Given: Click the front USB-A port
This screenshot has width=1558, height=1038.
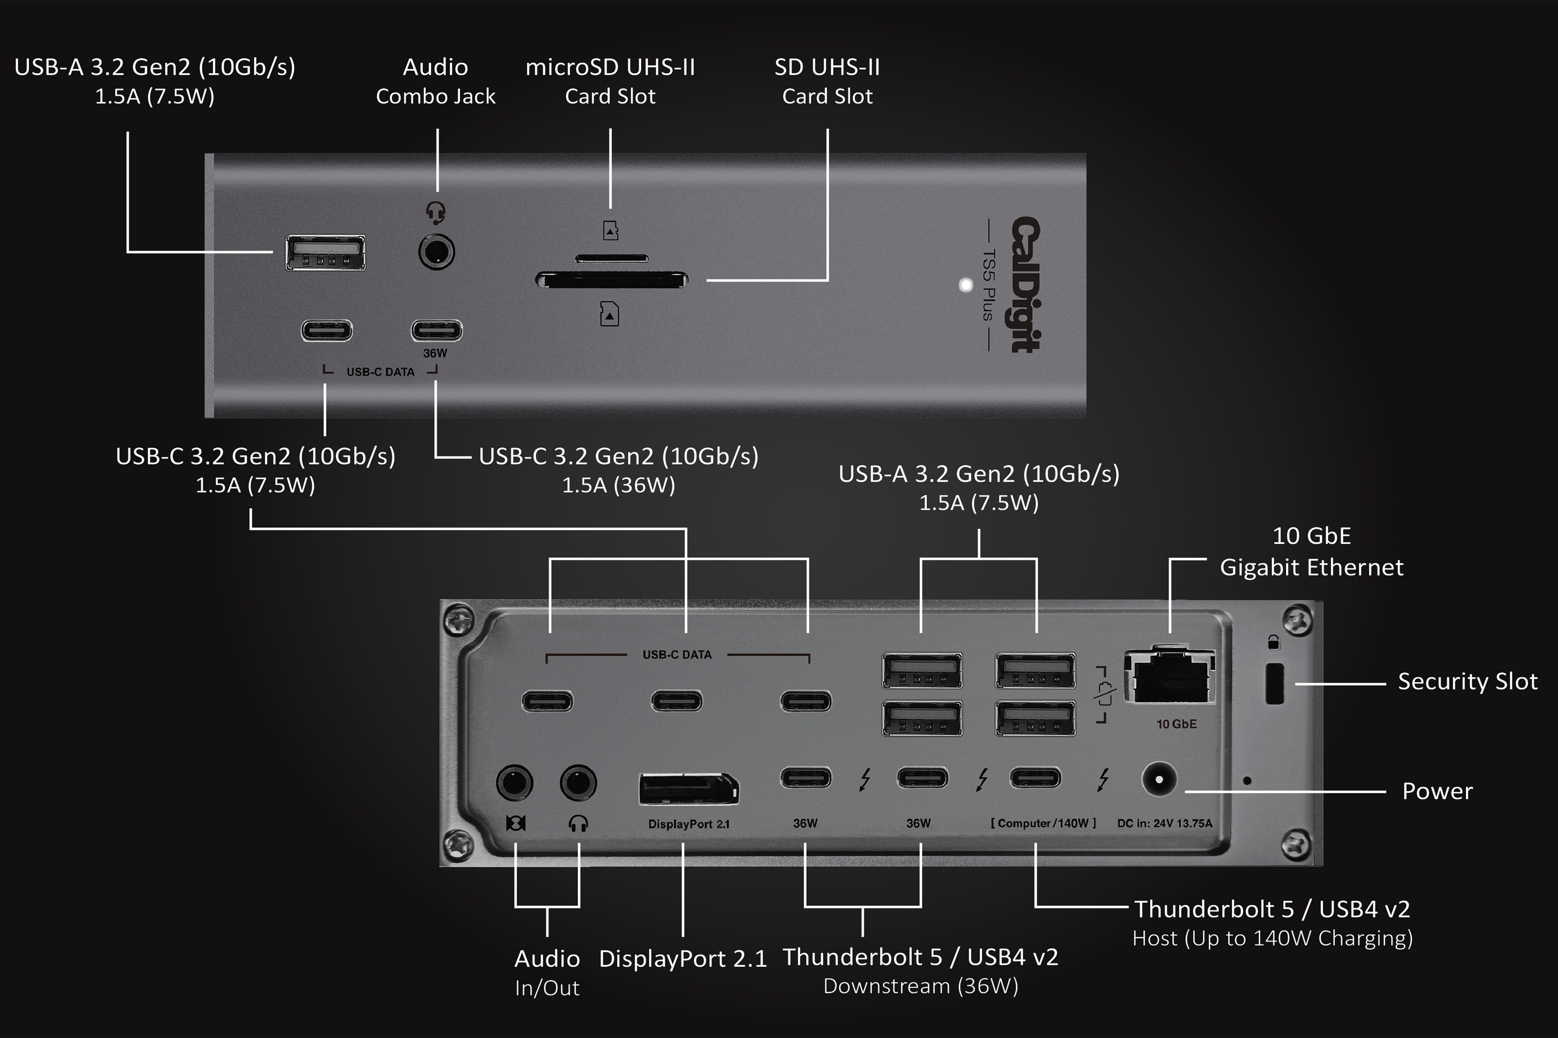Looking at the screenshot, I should point(325,252).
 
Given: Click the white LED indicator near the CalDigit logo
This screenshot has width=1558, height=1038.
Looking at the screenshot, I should point(966,285).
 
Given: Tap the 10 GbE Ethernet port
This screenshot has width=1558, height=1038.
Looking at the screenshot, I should point(1170,677).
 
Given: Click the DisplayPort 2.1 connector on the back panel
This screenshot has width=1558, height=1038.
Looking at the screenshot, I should point(688,789).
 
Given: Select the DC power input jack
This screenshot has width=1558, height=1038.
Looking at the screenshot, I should point(1159,779).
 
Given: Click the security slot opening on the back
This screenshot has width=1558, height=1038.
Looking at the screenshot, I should point(1274,684).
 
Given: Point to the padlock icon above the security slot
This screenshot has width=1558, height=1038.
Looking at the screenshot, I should point(1273,642).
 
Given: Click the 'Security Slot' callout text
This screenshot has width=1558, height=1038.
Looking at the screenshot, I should point(1467,681).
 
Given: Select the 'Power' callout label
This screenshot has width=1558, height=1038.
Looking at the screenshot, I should point(1437,791).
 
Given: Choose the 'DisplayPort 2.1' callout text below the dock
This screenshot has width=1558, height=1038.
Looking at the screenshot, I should point(682,958).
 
